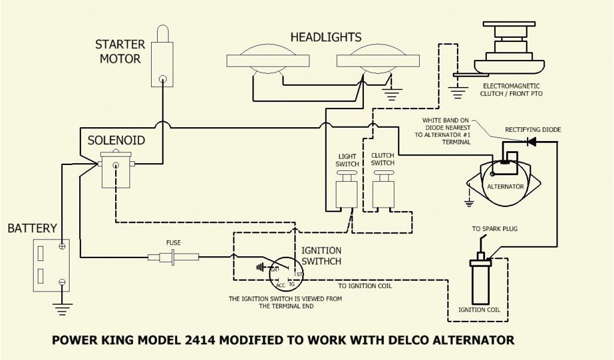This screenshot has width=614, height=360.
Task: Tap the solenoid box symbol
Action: (x=115, y=169)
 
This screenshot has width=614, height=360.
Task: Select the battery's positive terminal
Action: (x=62, y=246)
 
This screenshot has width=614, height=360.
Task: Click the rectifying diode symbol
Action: (x=531, y=142)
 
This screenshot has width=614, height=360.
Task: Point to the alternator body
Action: (x=505, y=180)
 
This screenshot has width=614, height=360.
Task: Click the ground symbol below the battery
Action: (x=62, y=308)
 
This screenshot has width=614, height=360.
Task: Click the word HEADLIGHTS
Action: (x=325, y=37)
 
